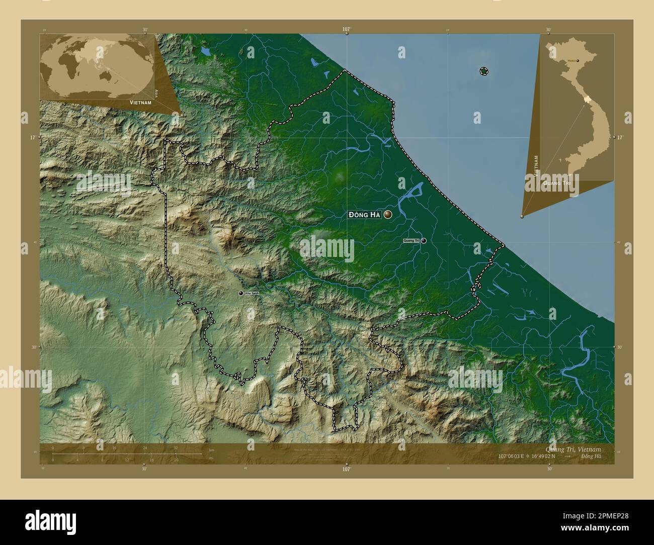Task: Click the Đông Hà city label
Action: point(364,215)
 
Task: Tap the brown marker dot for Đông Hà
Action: point(388,215)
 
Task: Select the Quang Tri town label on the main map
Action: point(411,241)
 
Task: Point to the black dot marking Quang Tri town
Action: point(424,241)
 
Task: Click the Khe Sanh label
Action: point(252,293)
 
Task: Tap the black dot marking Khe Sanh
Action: point(241,293)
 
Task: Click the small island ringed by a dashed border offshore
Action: point(483,71)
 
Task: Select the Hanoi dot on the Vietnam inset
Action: point(578,61)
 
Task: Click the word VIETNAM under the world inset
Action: point(140,102)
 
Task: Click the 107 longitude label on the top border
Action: point(346,30)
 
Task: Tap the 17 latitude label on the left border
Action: point(33,137)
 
